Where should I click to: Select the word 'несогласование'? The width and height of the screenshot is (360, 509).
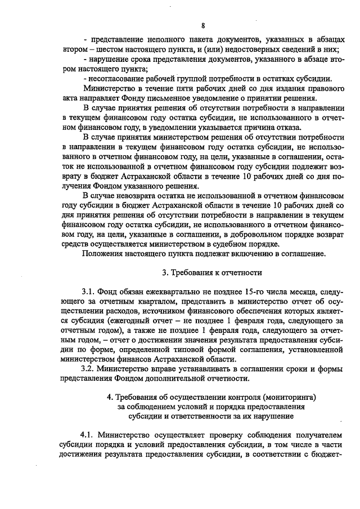114,78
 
